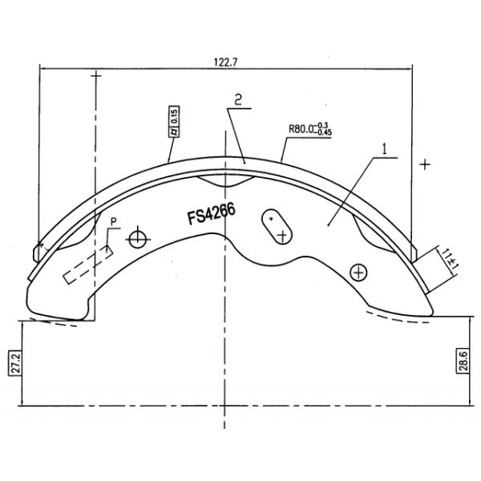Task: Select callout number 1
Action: click(x=385, y=149)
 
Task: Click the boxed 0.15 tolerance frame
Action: click(x=173, y=123)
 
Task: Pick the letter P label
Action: click(x=114, y=220)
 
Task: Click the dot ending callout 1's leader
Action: click(x=329, y=226)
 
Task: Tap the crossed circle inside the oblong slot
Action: click(x=282, y=235)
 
